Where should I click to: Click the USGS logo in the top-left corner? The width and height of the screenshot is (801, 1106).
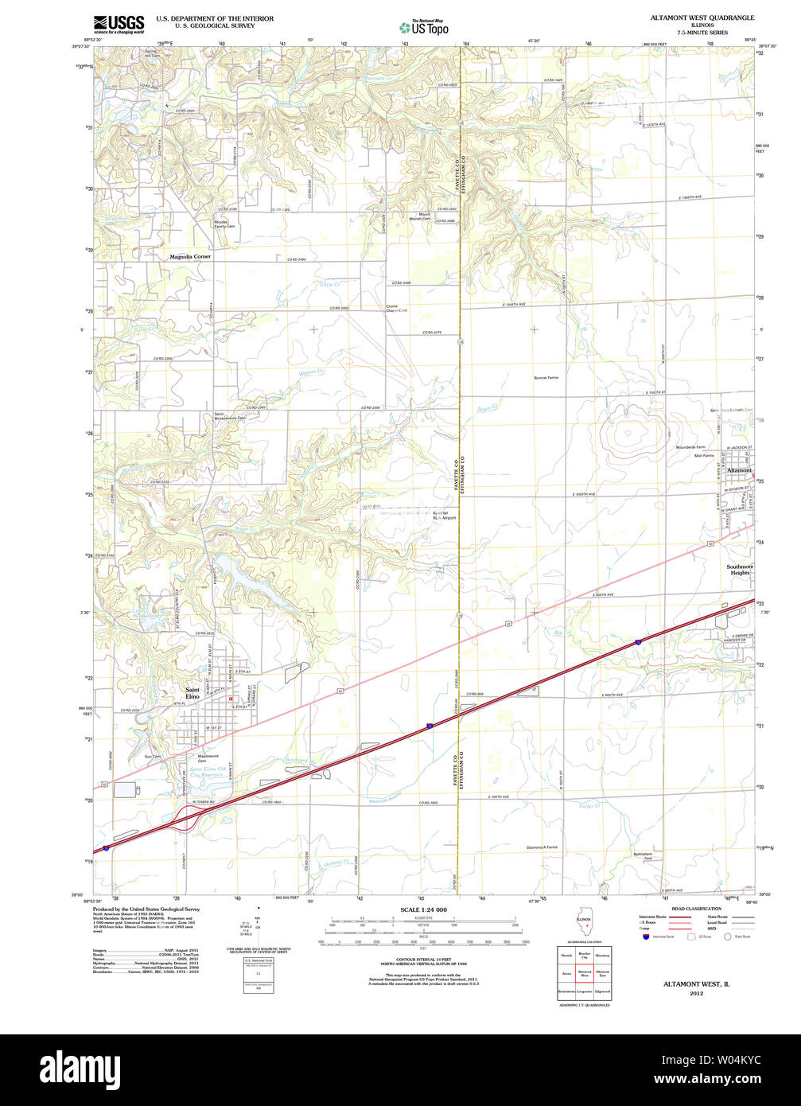(x=119, y=24)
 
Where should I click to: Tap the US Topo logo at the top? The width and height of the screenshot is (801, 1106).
(x=424, y=27)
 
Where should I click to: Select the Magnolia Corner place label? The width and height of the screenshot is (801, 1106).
(x=190, y=257)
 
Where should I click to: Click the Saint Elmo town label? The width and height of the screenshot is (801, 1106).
(x=192, y=693)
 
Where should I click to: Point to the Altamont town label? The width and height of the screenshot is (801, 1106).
(x=739, y=470)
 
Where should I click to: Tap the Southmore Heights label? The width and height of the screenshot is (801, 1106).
(x=740, y=570)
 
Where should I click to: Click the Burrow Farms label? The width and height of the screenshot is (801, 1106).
(x=546, y=378)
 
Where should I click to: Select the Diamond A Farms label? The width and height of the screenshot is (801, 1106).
(x=542, y=847)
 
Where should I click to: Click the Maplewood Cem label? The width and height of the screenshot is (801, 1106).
(x=208, y=758)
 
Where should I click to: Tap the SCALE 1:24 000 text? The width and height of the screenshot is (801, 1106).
(x=423, y=909)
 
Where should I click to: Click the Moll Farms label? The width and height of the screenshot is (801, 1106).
(x=704, y=456)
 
